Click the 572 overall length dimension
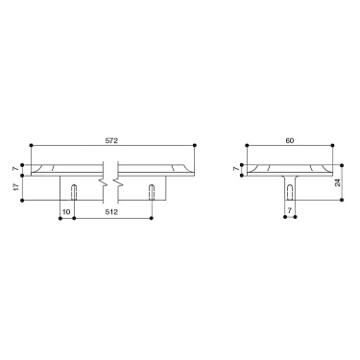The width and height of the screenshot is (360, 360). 111,140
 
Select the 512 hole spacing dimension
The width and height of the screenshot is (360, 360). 111,212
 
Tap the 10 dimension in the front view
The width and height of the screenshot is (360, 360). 65,212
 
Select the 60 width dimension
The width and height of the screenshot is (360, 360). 289,140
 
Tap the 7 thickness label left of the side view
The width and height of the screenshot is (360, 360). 236,170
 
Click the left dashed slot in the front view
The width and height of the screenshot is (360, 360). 75,190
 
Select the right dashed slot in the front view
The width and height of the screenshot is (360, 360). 151,190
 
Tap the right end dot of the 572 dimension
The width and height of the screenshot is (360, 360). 196,146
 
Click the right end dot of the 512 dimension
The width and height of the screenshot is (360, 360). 151,218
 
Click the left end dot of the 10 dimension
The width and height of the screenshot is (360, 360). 61,218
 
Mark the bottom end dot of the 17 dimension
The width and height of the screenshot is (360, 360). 26,201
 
